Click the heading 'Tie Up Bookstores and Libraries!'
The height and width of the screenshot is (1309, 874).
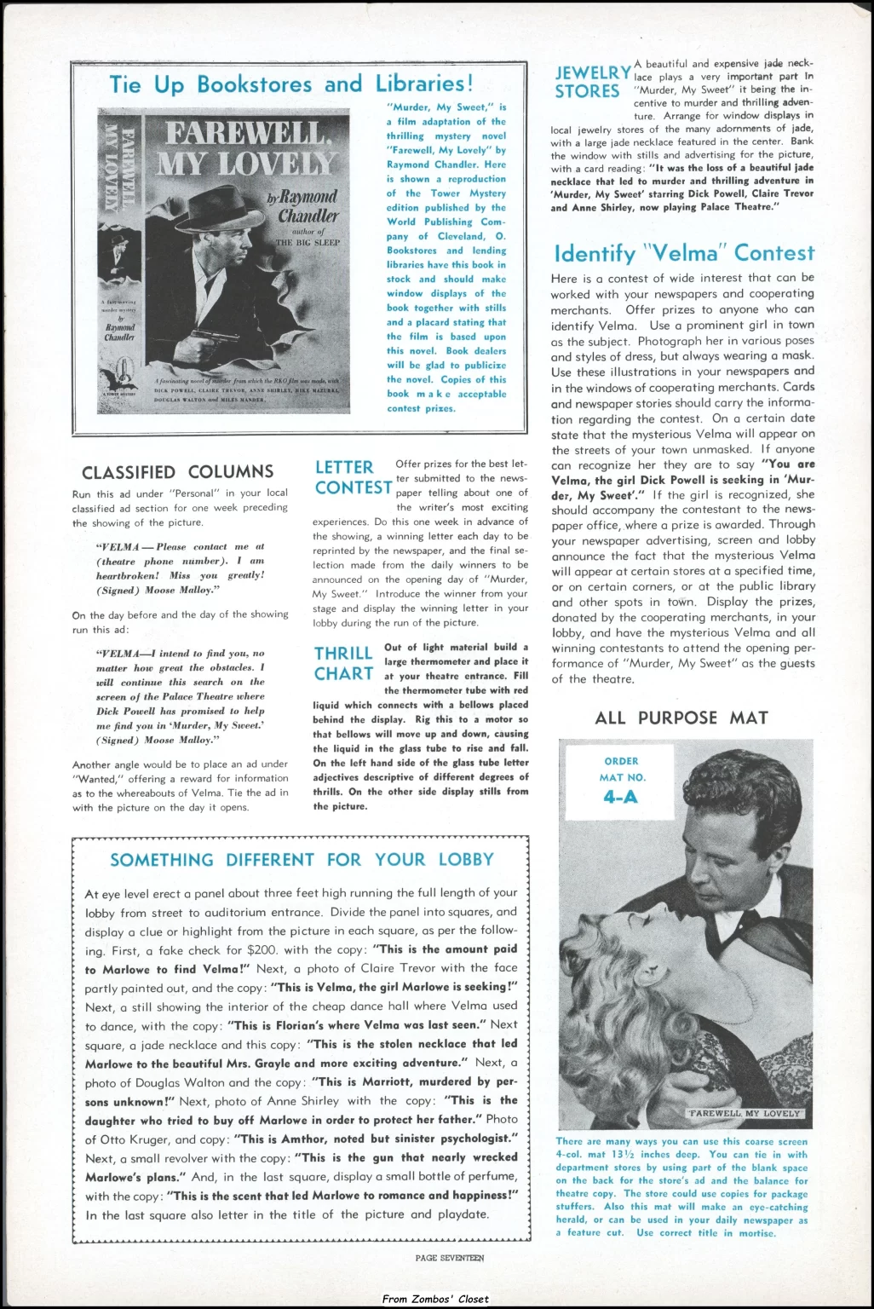(290, 84)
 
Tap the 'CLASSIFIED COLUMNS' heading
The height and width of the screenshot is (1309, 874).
(177, 472)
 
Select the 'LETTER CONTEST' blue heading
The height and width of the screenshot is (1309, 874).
(353, 477)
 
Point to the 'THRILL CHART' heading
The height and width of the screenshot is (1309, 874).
(344, 663)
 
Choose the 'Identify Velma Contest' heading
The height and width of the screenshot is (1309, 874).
(683, 253)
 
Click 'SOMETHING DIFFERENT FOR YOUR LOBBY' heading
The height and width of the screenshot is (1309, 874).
(302, 859)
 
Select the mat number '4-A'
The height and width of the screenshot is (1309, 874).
(620, 798)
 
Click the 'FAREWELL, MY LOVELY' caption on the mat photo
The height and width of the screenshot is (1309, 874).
(745, 1113)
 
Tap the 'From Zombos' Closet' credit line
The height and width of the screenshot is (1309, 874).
(436, 1299)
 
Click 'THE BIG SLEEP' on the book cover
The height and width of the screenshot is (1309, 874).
(307, 242)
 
